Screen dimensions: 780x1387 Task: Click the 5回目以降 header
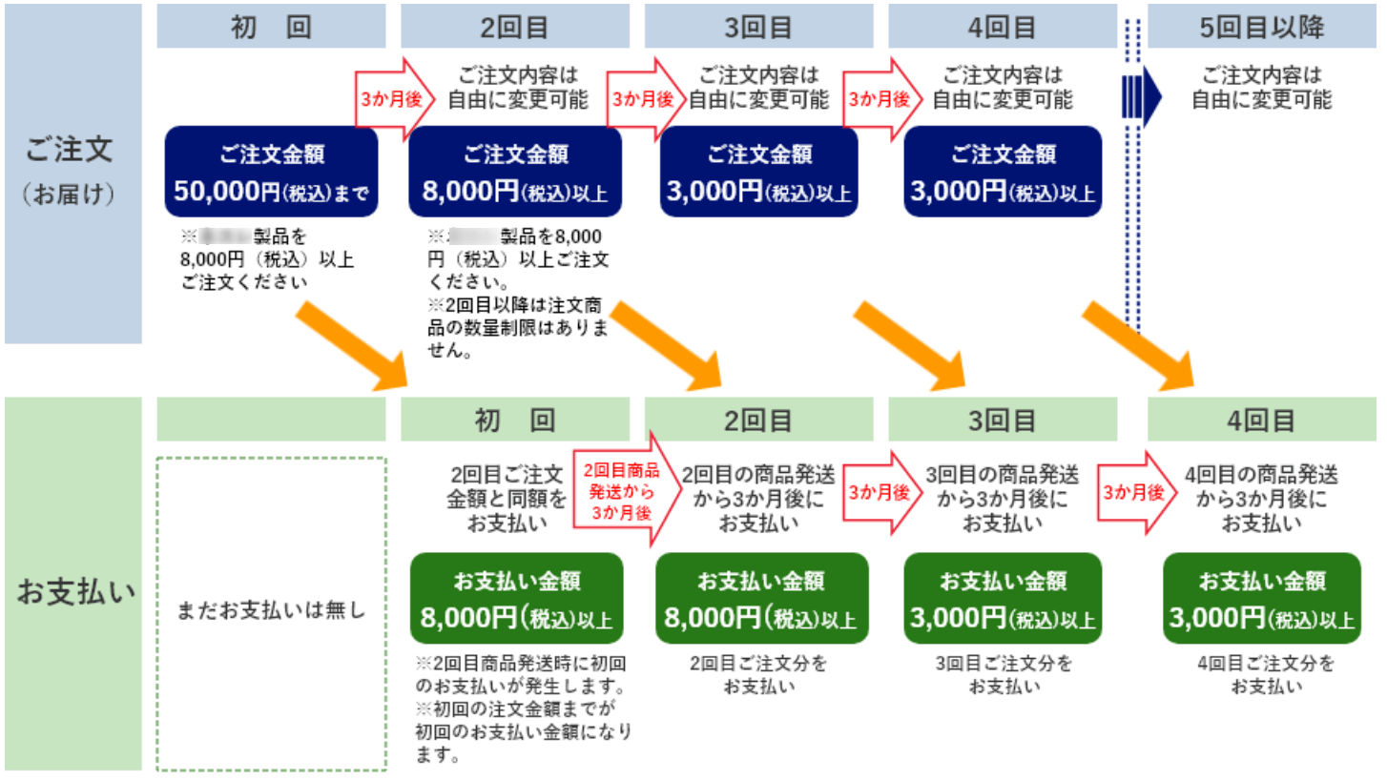point(1262,26)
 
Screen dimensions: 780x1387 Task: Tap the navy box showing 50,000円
point(271,172)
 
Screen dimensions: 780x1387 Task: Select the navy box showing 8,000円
point(515,172)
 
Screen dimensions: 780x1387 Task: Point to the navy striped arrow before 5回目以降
point(1142,95)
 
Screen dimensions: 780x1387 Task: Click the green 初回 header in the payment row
point(515,420)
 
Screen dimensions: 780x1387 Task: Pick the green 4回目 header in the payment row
point(1262,420)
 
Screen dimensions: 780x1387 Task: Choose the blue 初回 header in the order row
point(271,26)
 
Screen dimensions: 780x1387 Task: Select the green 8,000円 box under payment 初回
point(516,599)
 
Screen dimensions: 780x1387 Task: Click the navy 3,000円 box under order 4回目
point(1003,172)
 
